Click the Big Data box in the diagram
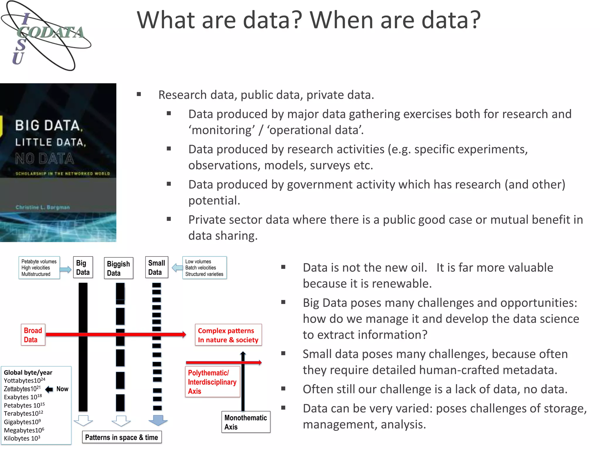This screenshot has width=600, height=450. click(83, 267)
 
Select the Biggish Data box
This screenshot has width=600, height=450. click(118, 268)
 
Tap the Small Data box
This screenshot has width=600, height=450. click(156, 267)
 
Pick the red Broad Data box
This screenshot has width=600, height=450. click(33, 335)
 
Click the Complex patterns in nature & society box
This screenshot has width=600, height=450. click(228, 335)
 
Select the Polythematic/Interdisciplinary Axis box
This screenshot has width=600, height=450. click(212, 382)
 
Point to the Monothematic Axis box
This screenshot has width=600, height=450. click(246, 422)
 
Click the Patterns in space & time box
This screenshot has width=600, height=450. click(122, 437)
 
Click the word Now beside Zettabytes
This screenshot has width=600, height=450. click(62, 389)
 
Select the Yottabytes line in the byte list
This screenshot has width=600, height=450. click(24, 381)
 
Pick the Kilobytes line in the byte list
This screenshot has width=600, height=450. click(22, 439)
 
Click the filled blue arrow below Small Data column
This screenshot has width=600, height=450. click(158, 420)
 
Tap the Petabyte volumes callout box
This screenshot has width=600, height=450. click(39, 268)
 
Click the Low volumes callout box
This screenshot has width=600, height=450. click(204, 268)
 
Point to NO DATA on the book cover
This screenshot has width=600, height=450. click(45, 159)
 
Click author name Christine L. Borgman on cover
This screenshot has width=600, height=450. click(43, 207)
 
